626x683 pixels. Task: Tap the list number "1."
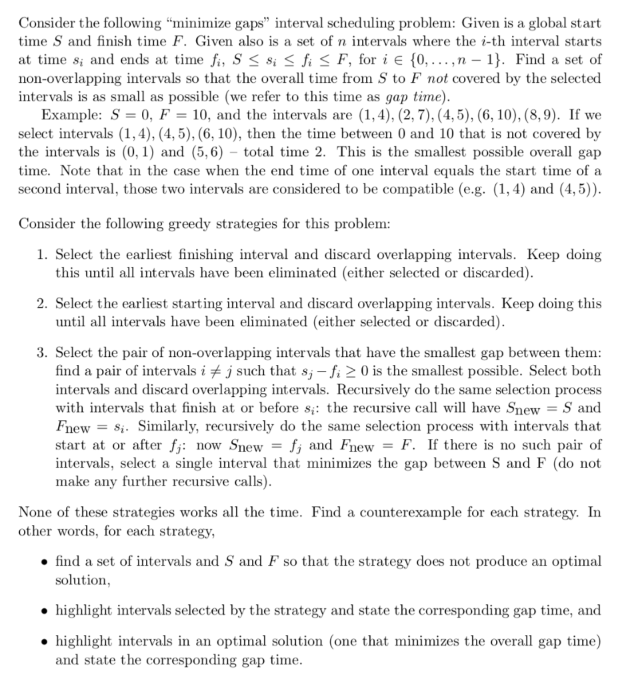(42, 255)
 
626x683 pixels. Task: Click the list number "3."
(42, 352)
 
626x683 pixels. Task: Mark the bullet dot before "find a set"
(41, 562)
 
